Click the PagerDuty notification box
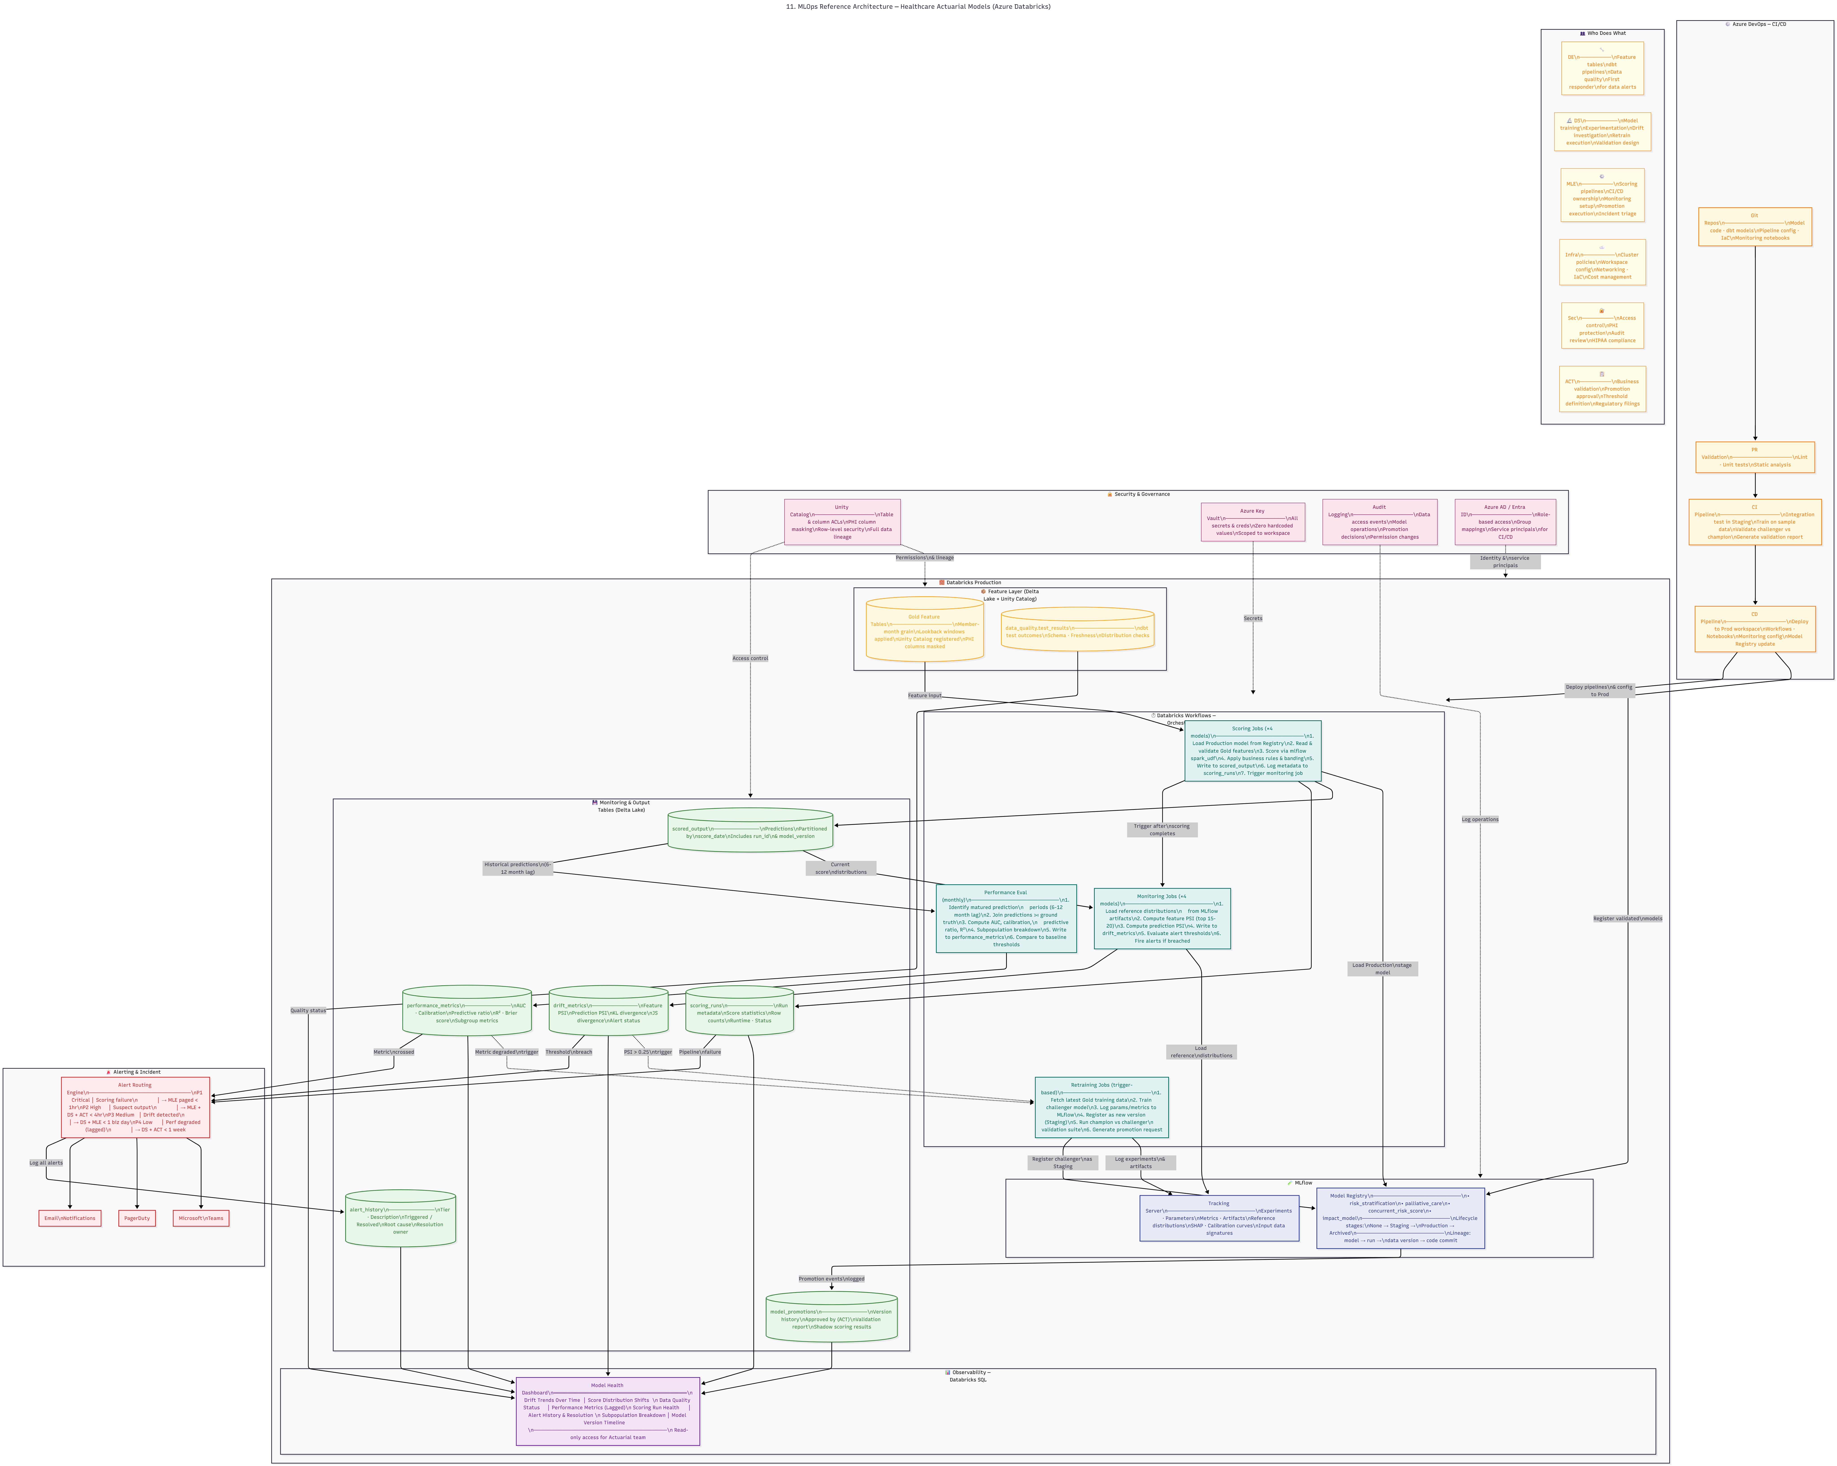(137, 1218)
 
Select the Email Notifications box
(70, 1218)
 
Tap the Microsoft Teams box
(201, 1218)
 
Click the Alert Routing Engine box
(135, 1107)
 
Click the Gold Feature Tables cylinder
(925, 631)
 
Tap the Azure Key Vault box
(1252, 522)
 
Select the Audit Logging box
(1380, 522)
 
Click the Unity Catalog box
(842, 522)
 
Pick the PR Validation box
(1754, 457)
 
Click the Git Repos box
(1754, 227)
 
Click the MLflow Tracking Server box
(1218, 1218)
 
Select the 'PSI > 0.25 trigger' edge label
(648, 1052)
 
